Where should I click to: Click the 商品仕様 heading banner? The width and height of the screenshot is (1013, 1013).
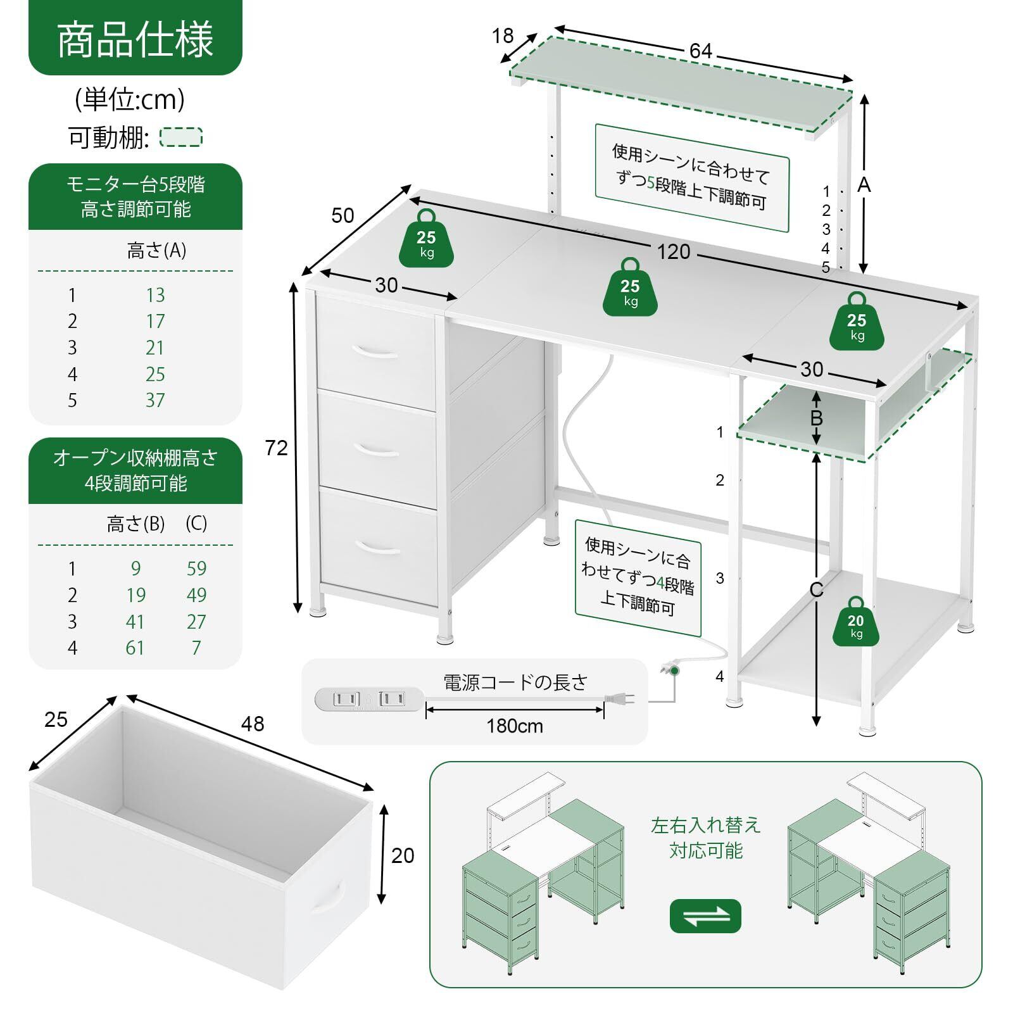point(135,39)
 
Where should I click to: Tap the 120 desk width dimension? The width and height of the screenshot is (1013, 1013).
point(673,252)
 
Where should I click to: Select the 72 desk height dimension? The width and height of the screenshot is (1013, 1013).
point(276,448)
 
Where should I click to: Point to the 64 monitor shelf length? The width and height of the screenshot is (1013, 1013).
point(701,51)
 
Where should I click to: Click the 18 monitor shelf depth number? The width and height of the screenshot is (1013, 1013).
point(503,36)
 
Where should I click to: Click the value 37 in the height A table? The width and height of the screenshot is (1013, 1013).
point(155,400)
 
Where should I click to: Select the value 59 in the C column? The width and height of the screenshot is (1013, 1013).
point(196,569)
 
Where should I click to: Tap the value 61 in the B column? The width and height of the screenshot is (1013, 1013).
point(135,648)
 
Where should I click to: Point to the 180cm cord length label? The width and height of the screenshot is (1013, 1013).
point(515,726)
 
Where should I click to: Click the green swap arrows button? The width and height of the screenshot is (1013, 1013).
point(705,915)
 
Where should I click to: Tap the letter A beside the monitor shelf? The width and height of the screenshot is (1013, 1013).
point(864,184)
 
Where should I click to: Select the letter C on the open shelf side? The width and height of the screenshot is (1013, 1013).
point(816,589)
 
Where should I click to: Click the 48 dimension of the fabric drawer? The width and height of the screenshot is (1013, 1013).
point(252,724)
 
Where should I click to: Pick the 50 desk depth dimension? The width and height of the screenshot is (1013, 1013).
point(343,215)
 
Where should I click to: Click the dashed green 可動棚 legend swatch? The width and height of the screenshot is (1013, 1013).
point(181,137)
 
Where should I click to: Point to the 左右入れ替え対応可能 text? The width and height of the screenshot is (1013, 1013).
point(705,838)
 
